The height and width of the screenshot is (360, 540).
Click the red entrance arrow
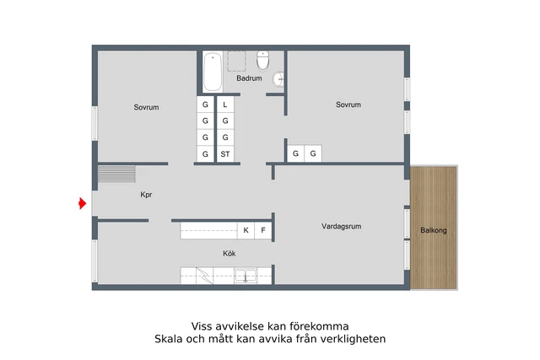click(82, 203)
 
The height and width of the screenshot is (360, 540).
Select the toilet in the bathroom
click(263, 62)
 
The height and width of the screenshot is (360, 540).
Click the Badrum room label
click(249, 78)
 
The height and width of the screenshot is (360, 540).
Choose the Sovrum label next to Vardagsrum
click(348, 105)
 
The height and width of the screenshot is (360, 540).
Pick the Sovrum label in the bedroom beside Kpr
click(146, 107)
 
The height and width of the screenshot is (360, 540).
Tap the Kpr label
click(145, 195)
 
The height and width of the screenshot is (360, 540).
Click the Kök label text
click(229, 252)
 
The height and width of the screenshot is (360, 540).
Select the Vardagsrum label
click(341, 226)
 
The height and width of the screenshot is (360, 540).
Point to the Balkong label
click(434, 230)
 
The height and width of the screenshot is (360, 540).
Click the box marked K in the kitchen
click(246, 230)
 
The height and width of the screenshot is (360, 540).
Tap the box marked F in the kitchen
click(263, 230)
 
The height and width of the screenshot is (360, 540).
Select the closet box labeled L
click(225, 105)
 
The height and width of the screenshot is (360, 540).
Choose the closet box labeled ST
click(225, 154)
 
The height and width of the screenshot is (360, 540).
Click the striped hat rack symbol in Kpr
click(116, 174)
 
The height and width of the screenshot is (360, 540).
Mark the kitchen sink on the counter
click(245, 276)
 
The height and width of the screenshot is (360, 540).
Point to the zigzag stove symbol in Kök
click(203, 276)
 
